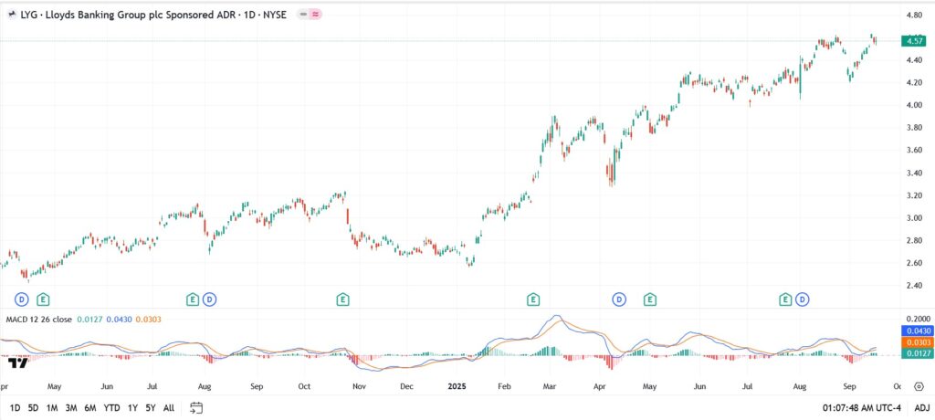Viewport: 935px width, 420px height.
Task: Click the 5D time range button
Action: [x=33, y=407]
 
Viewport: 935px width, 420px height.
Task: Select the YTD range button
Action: [x=112, y=407]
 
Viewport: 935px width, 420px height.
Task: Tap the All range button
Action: [x=169, y=407]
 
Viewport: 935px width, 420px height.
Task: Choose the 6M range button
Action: [x=90, y=407]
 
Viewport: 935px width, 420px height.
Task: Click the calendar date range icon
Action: [x=195, y=407]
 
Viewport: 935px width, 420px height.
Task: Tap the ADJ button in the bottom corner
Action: [x=922, y=407]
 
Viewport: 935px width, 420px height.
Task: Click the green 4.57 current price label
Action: [x=913, y=41]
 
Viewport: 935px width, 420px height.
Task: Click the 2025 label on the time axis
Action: [x=457, y=386]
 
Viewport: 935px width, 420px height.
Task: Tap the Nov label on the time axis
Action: [x=359, y=386]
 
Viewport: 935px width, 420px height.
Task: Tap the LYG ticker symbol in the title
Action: [x=30, y=16]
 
